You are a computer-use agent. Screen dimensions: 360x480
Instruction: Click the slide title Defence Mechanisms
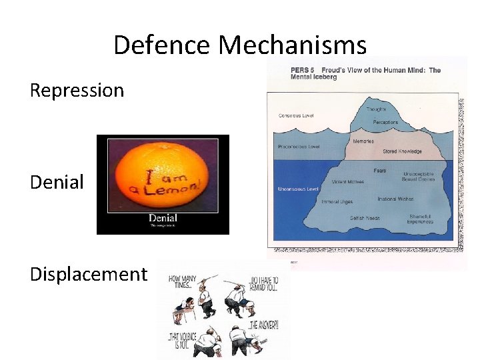tap(240, 45)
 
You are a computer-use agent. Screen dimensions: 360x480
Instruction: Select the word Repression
tap(77, 90)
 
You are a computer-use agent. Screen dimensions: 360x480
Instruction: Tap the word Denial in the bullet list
tap(57, 181)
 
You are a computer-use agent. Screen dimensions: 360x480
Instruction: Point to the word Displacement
tap(88, 273)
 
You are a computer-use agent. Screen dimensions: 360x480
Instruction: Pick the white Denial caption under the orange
tap(163, 217)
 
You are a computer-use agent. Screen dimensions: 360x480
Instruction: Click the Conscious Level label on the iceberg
tap(296, 116)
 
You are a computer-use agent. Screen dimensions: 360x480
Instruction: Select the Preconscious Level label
tap(299, 147)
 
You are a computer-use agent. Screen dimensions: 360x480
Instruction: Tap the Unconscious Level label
tap(298, 189)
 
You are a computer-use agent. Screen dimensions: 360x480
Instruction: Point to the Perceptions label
tap(385, 123)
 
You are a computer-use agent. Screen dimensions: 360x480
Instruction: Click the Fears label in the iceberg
tap(379, 171)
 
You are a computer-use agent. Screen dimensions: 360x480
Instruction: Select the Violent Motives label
tap(347, 181)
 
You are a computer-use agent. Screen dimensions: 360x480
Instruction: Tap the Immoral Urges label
tap(337, 201)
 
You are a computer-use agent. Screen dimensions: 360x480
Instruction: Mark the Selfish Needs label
tap(365, 218)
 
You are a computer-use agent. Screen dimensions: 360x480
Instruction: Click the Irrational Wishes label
tap(395, 199)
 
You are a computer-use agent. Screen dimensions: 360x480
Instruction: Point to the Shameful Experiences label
tap(420, 219)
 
